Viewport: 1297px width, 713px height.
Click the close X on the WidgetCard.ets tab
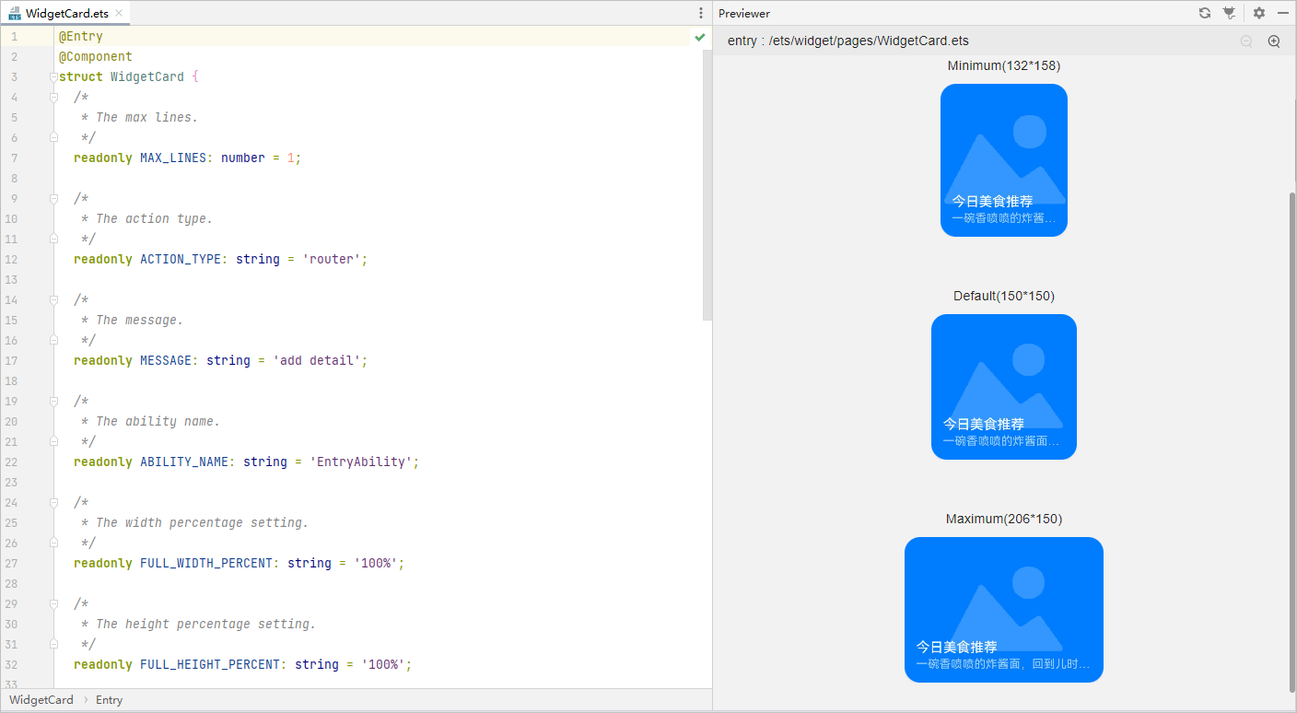pos(119,13)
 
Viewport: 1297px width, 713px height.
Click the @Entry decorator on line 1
pos(81,37)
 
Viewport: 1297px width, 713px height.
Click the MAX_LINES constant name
pos(173,158)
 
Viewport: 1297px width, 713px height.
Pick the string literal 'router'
pos(331,259)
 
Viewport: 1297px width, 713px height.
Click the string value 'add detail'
pos(316,360)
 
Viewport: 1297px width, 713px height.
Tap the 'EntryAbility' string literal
pos(360,462)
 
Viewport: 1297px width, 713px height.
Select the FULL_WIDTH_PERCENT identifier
pos(206,563)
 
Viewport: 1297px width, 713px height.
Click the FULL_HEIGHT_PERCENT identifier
pos(210,664)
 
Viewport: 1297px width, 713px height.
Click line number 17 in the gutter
pos(11,360)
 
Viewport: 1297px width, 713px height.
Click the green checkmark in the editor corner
pos(700,37)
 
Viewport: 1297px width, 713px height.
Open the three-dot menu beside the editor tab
pos(701,13)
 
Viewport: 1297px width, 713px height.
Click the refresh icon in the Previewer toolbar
pos(1205,13)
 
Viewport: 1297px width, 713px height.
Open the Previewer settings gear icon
pos(1259,13)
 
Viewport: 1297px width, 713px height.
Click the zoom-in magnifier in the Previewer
pos(1274,41)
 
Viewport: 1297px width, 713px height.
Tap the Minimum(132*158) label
pos(1004,65)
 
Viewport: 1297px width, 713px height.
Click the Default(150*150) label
pos(1004,296)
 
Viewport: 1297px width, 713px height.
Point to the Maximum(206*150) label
pos(1004,519)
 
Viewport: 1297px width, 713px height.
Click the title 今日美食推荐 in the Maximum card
pos(956,647)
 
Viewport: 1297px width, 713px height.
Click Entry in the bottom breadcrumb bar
pos(109,700)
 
